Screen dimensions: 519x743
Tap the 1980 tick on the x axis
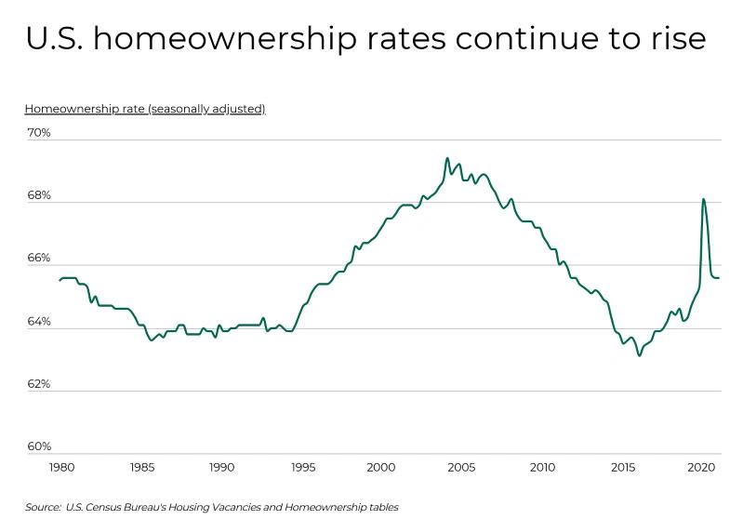(61, 467)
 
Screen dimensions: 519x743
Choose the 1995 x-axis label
(301, 467)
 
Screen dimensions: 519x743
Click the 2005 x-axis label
(461, 467)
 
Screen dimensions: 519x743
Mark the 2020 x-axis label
(701, 467)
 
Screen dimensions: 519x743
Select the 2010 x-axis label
(541, 467)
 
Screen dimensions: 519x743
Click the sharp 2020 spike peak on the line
(703, 198)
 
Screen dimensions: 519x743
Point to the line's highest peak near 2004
(447, 158)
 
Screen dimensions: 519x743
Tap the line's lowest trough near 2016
(639, 355)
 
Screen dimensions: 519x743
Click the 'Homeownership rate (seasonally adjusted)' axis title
(145, 109)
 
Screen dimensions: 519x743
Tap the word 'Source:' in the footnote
(43, 507)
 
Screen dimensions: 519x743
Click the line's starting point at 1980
(60, 280)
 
